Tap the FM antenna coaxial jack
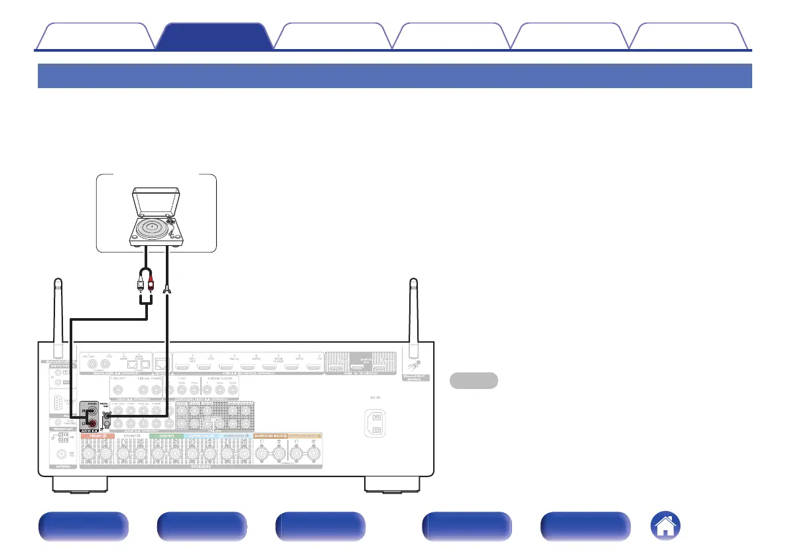click(62, 454)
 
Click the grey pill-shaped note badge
click(474, 380)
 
